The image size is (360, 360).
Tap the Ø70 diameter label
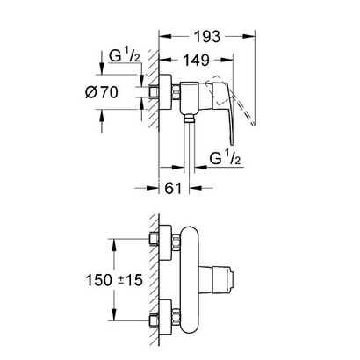pos(104,90)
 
